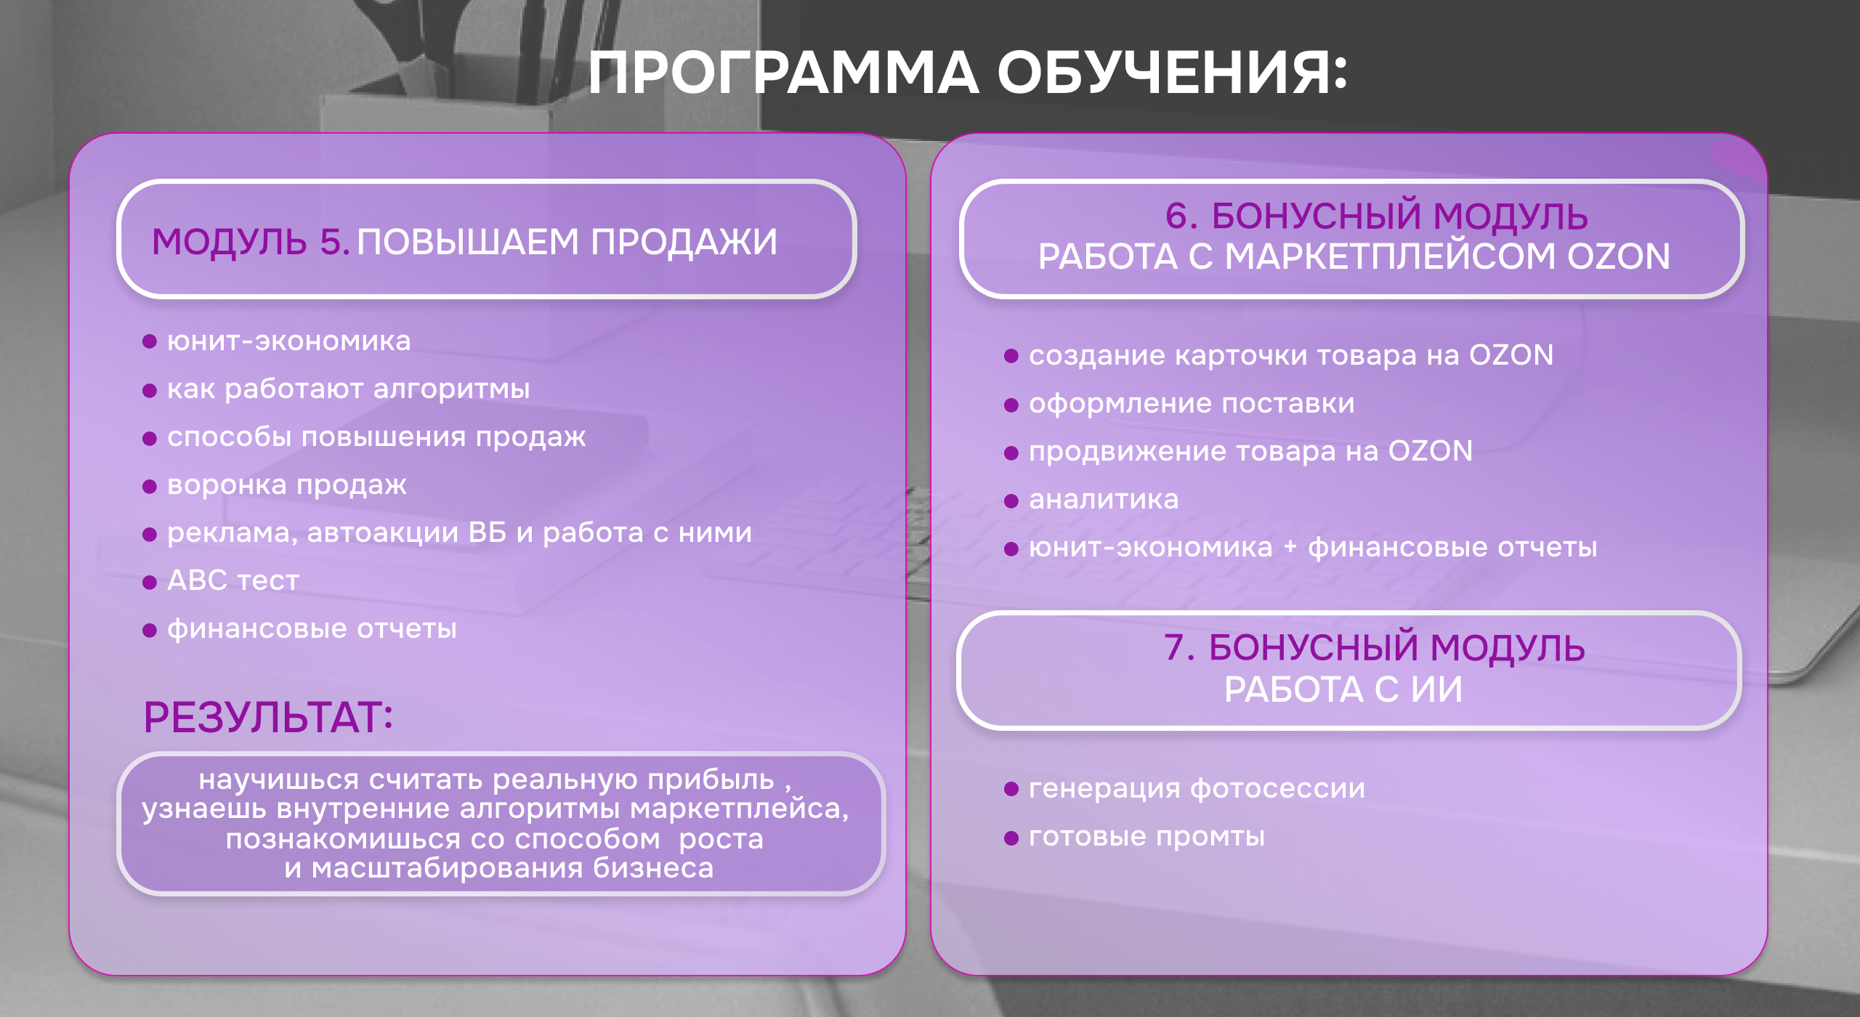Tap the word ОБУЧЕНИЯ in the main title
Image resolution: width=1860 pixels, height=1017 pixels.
pos(1171,73)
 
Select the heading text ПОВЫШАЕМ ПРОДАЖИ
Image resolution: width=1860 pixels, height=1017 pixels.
pos(567,241)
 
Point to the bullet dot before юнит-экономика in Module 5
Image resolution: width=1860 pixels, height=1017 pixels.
pos(150,341)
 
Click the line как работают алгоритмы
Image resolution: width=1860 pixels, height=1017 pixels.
pos(349,389)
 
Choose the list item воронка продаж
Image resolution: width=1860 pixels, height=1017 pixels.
pos(287,485)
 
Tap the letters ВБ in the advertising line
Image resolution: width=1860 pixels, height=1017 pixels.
pos(488,532)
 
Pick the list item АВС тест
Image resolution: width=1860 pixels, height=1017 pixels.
pos(233,580)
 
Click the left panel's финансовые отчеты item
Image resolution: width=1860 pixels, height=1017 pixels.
pos(312,629)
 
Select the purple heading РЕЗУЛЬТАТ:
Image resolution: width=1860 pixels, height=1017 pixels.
pos(268,717)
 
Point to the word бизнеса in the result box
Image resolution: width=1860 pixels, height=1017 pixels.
pos(653,868)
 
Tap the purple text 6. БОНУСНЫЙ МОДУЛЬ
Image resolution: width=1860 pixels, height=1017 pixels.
pos(1376,216)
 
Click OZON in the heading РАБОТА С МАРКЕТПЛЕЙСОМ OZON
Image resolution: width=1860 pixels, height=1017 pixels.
pos(1619,256)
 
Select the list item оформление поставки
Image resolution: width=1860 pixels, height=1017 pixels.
pos(1192,404)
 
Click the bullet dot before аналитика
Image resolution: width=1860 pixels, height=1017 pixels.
pos(1011,501)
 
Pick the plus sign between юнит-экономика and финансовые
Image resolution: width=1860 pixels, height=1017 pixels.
pos(1290,546)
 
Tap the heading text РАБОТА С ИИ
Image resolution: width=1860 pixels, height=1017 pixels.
pos(1343,689)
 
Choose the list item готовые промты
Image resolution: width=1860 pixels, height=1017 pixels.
pos(1147,837)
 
